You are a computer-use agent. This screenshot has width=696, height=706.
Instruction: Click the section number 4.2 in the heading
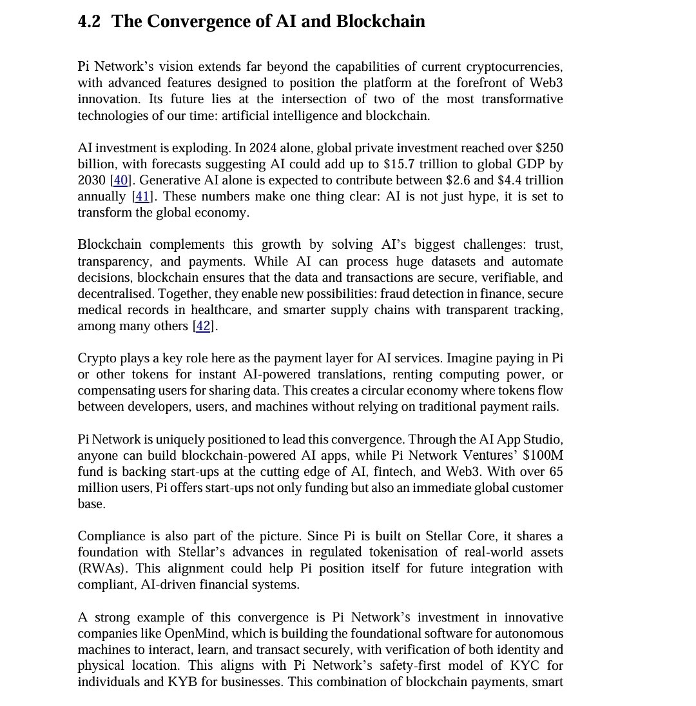[89, 21]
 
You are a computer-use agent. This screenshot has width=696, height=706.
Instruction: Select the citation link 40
[121, 181]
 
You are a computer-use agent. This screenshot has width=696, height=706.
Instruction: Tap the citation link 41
[142, 197]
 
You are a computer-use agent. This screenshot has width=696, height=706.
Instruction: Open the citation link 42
[203, 326]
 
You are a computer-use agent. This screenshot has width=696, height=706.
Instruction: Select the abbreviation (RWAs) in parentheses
[97, 569]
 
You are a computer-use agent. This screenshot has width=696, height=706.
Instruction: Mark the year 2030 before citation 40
[92, 181]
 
